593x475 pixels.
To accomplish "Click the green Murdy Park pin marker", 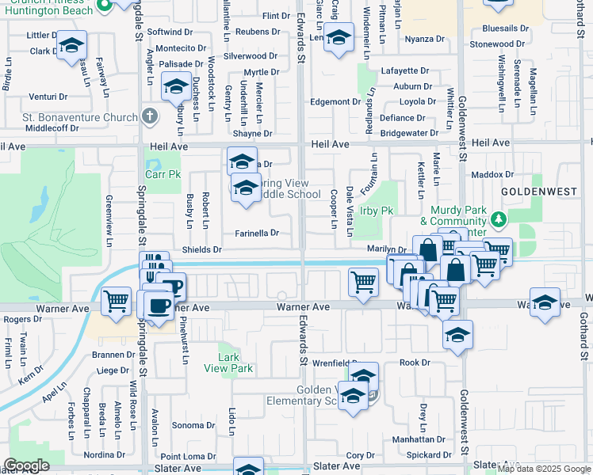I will [x=498, y=218].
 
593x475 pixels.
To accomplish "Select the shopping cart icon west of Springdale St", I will [x=117, y=300].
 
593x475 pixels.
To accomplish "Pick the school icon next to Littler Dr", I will [x=71, y=46].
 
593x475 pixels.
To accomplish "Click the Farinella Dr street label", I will [x=257, y=233].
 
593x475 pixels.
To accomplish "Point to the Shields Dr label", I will [x=202, y=249].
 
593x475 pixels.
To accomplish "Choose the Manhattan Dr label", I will [x=420, y=439].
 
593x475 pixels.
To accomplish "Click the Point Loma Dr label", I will [x=188, y=457].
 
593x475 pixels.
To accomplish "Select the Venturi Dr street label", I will [x=48, y=97].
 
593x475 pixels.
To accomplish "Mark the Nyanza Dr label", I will [x=424, y=39].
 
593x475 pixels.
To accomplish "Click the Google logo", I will [x=26, y=465].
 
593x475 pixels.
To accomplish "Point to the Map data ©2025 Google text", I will [x=543, y=469].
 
